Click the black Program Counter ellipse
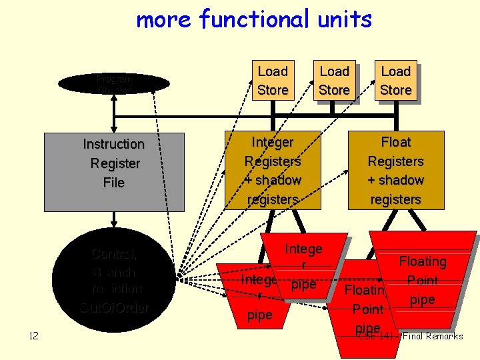point(114,83)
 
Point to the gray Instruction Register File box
point(113,171)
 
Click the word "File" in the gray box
point(114,183)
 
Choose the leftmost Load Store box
point(273,81)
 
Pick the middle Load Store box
point(334,81)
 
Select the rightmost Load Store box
point(396,81)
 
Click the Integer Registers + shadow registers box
point(273,171)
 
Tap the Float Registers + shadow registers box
point(396,171)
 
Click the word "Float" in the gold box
point(396,142)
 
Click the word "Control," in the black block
point(114,254)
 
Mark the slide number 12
point(34,335)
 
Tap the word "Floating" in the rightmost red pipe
point(423,262)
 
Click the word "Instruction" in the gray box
point(114,144)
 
